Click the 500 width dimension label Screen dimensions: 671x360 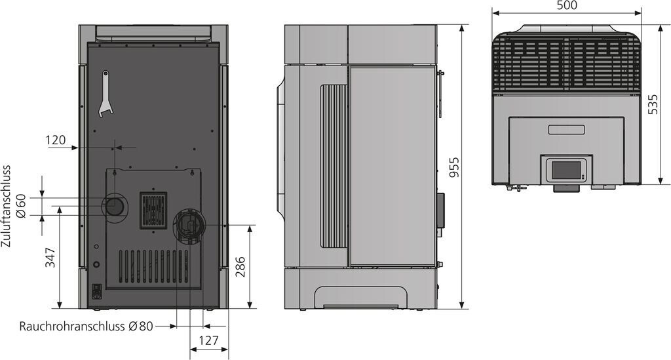(x=567, y=5)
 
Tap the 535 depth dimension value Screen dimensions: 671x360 (x=653, y=104)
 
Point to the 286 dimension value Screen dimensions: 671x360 (x=241, y=267)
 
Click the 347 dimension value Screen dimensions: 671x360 (x=51, y=257)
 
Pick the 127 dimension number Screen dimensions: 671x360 (x=209, y=341)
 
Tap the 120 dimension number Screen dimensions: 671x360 (x=56, y=140)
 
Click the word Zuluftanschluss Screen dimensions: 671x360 (x=6, y=207)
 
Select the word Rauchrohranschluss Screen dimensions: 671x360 (x=72, y=326)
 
